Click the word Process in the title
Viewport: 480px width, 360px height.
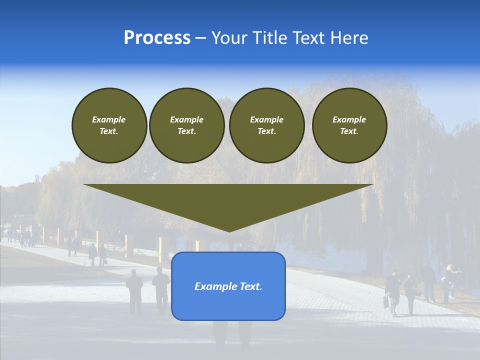point(157,38)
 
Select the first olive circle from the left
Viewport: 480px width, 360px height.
point(109,125)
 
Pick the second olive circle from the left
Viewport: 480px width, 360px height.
point(186,125)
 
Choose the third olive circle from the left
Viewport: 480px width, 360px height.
point(266,125)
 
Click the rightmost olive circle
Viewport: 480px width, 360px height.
point(349,125)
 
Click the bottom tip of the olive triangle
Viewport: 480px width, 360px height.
point(229,230)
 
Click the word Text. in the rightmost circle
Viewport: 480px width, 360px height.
point(349,131)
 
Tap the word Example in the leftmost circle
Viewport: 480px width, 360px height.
point(109,119)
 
